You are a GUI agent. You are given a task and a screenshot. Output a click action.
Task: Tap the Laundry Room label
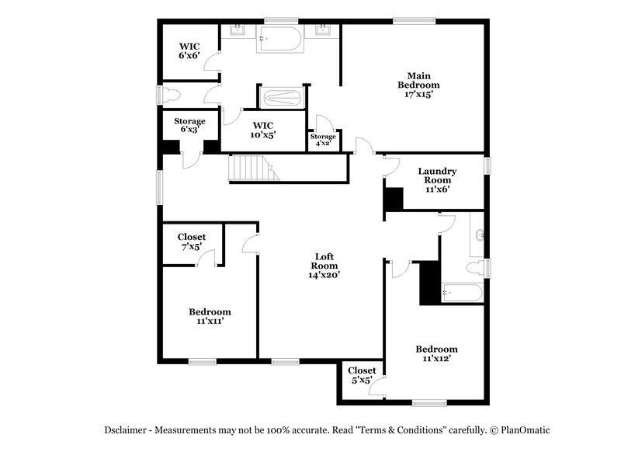(x=436, y=176)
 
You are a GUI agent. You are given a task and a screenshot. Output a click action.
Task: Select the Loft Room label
(x=325, y=260)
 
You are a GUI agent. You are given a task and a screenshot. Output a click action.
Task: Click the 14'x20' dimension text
(x=325, y=274)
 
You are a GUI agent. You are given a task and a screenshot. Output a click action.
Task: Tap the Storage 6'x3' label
(x=189, y=126)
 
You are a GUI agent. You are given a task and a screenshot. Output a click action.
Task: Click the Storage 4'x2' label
(x=323, y=140)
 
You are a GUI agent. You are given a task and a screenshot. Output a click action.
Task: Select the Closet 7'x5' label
(x=192, y=242)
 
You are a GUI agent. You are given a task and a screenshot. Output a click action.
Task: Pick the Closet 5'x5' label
(x=362, y=376)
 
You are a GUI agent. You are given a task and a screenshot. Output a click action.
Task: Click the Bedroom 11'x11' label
(x=210, y=316)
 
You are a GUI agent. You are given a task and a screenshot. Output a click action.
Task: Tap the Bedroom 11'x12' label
(x=435, y=353)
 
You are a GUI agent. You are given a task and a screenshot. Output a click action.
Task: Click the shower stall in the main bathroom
(x=281, y=99)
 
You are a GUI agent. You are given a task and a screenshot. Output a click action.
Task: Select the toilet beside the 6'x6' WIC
(x=173, y=96)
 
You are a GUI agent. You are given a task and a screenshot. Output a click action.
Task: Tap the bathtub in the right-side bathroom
(x=462, y=293)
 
